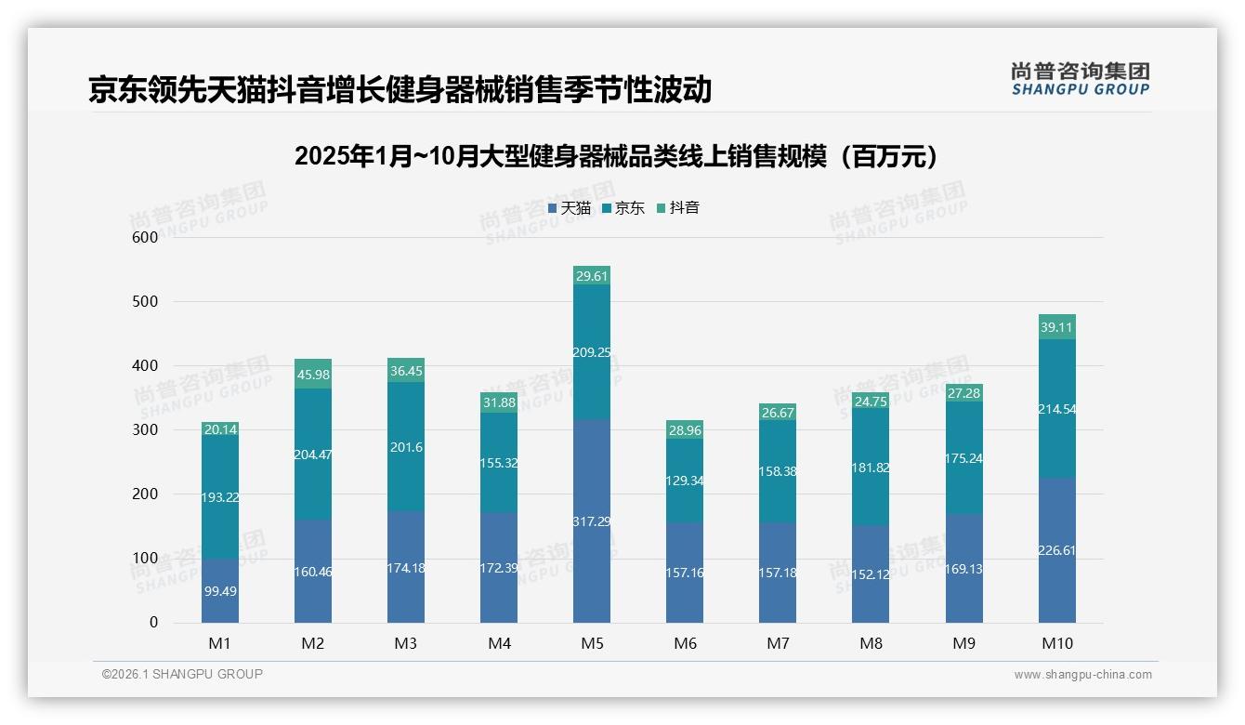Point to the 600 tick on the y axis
tap(144, 237)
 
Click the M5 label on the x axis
tap(592, 643)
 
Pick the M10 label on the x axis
tap(1056, 643)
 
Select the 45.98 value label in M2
tap(313, 375)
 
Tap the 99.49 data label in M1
tap(220, 591)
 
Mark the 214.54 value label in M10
tap(1057, 409)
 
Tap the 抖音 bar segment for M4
tap(499, 402)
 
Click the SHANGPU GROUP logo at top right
tap(1080, 79)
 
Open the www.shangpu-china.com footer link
tap(1082, 675)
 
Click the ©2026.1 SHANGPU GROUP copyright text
tap(182, 674)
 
